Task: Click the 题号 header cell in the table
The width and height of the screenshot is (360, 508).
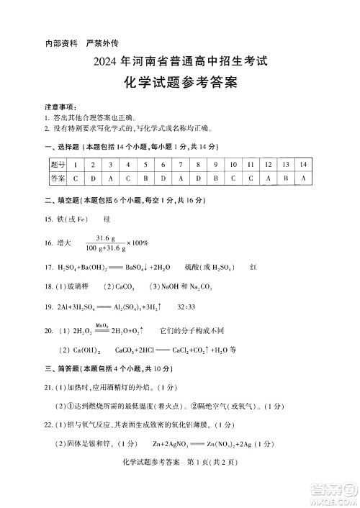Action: (x=58, y=165)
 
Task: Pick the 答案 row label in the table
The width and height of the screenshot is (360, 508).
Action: (x=58, y=178)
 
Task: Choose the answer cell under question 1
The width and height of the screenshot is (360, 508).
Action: (x=75, y=178)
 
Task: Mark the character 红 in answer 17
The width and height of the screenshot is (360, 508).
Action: (x=253, y=268)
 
